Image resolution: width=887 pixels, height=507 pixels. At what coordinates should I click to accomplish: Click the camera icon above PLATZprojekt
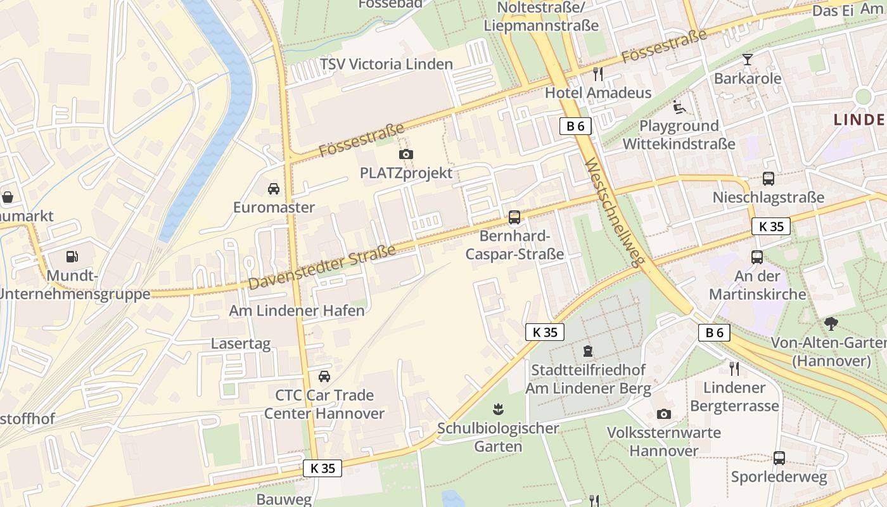pyautogui.click(x=406, y=154)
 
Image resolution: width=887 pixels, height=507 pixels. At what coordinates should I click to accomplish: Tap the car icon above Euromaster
pyautogui.click(x=274, y=189)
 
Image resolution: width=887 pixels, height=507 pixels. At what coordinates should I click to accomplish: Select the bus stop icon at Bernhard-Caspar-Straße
pyautogui.click(x=514, y=218)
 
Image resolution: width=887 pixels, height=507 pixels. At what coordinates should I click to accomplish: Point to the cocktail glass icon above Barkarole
pyautogui.click(x=748, y=60)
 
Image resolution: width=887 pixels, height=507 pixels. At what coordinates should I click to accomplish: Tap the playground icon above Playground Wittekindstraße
pyautogui.click(x=679, y=107)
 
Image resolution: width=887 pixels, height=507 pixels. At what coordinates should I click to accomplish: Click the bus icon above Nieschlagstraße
pyautogui.click(x=769, y=179)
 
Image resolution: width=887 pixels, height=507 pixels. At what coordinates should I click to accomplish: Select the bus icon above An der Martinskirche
pyautogui.click(x=757, y=257)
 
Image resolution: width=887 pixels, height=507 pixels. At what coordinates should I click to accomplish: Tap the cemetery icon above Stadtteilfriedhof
pyautogui.click(x=588, y=350)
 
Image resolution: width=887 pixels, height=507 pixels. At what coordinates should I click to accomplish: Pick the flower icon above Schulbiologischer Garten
pyautogui.click(x=498, y=409)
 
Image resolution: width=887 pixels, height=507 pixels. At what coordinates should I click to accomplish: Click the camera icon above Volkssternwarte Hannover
pyautogui.click(x=663, y=414)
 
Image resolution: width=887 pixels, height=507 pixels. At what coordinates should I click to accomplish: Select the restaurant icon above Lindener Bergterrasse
pyautogui.click(x=734, y=368)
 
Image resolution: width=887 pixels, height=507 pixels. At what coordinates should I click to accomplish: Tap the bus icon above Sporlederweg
pyautogui.click(x=779, y=458)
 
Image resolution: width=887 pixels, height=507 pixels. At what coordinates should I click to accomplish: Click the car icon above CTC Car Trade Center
pyautogui.click(x=324, y=376)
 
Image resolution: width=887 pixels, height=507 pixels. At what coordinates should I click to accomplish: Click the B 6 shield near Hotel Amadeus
pyautogui.click(x=575, y=126)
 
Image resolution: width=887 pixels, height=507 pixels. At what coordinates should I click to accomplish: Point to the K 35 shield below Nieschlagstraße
pyautogui.click(x=771, y=226)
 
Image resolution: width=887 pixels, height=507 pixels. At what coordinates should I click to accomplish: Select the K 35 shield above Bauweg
pyautogui.click(x=322, y=468)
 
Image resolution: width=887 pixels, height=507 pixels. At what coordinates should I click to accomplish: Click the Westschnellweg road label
pyautogui.click(x=615, y=213)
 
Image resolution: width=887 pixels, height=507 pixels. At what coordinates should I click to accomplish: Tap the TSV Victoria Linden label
pyautogui.click(x=386, y=64)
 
